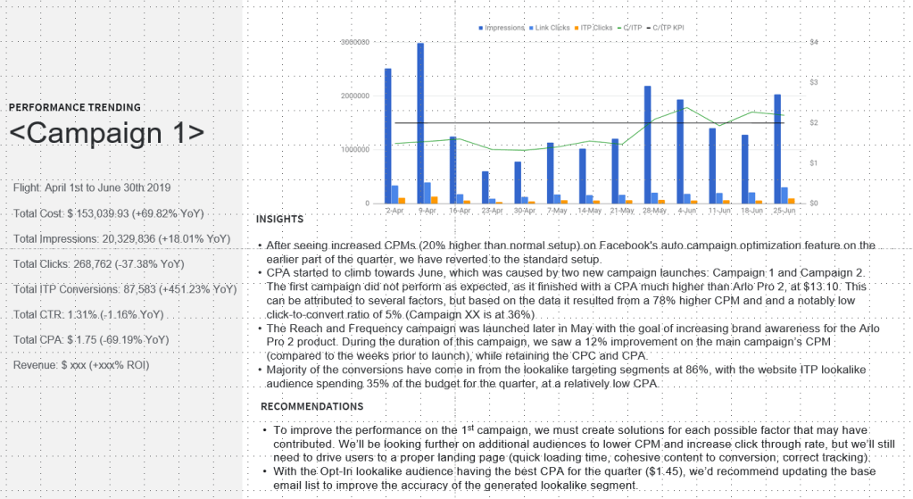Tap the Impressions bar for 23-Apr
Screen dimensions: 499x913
click(x=485, y=187)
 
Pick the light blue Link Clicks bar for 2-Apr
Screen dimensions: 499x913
click(x=394, y=195)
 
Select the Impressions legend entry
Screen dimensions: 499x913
click(x=502, y=28)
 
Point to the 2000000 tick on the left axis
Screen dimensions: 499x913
click(x=355, y=96)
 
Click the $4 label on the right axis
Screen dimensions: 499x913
click(x=812, y=42)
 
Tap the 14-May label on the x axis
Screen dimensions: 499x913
click(x=589, y=211)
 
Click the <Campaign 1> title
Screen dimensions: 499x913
click(x=106, y=133)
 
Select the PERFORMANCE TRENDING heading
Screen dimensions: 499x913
click(x=74, y=107)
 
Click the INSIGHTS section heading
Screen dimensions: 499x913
click(x=279, y=219)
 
